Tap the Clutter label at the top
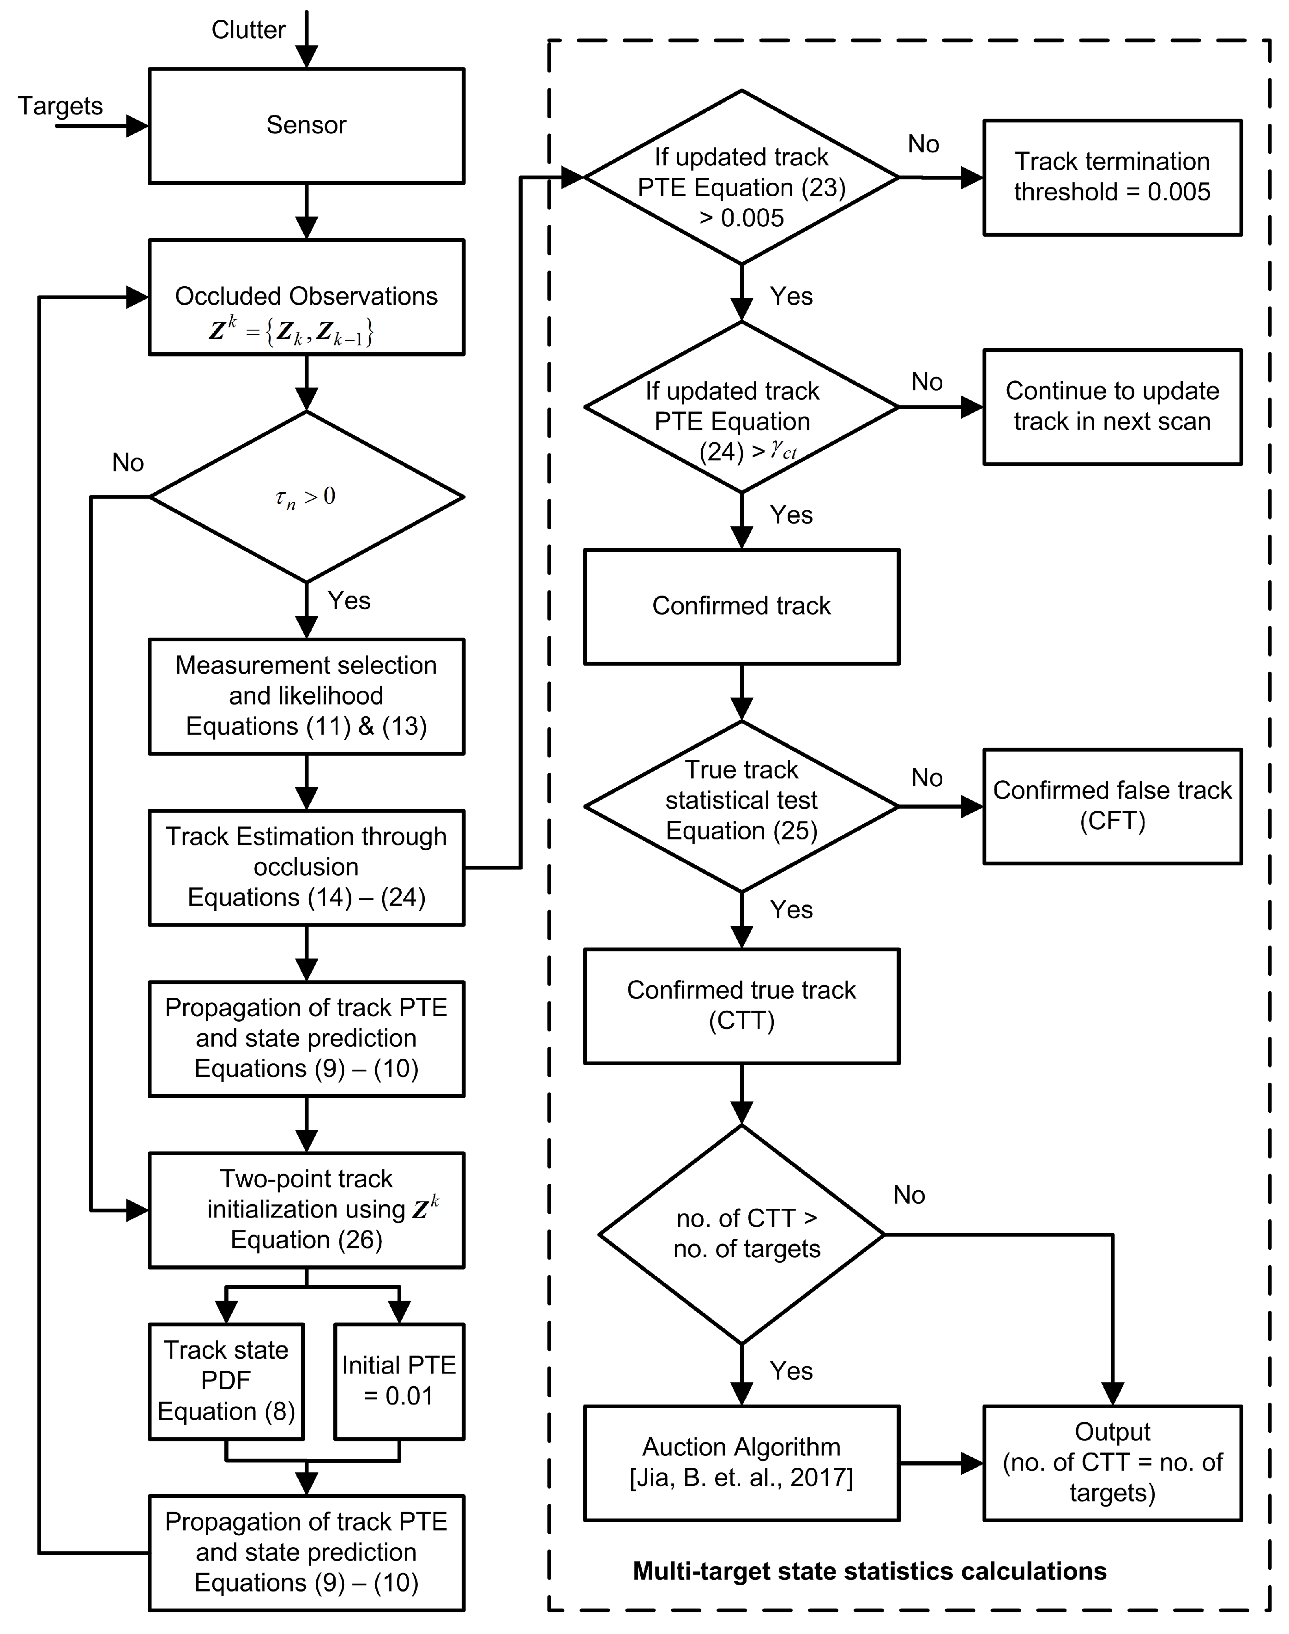248,30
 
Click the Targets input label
60,106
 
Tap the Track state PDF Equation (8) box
226,1381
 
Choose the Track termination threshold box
1112,177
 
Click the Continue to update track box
1112,407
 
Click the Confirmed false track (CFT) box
1112,806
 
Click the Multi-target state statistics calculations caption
869,1571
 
